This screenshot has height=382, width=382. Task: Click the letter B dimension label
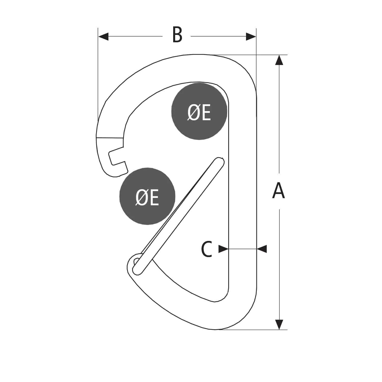point(177,35)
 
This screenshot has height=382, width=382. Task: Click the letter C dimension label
point(207,249)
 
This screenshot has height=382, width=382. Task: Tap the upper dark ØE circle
point(199,111)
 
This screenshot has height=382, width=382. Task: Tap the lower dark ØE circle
point(147,196)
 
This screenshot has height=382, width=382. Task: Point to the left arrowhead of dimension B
point(103,36)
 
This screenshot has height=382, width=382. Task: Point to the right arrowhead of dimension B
point(251,36)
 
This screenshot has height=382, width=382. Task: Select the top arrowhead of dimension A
point(279,60)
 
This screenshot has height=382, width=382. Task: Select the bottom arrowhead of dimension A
point(279,324)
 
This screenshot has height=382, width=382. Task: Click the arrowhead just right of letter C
point(223,249)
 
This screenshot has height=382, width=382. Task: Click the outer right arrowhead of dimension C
point(262,249)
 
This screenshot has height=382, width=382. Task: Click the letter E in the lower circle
point(154,198)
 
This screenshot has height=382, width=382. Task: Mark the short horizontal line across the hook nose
point(110,138)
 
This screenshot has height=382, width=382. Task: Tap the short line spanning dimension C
point(242,249)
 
